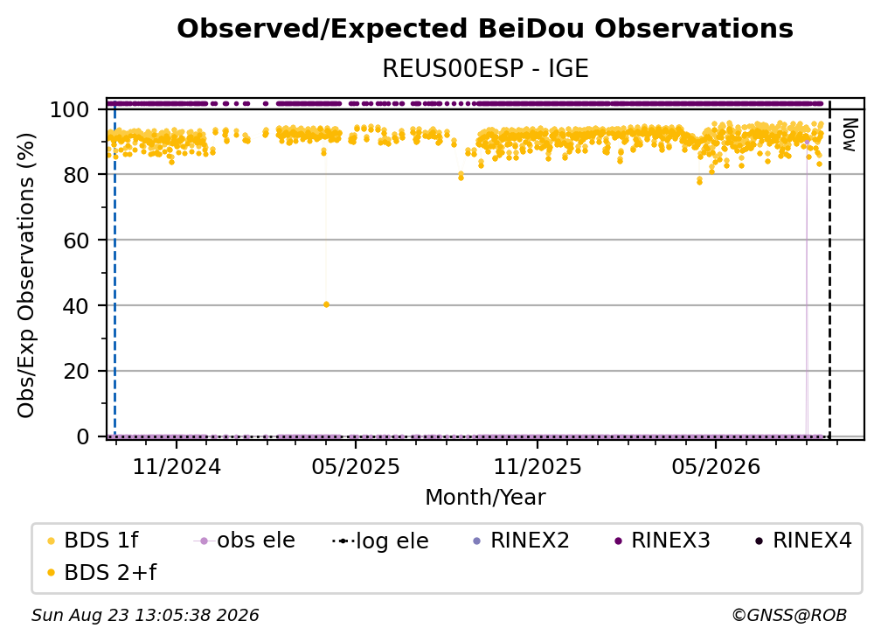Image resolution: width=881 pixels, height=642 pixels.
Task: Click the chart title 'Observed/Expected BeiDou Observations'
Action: pos(485,29)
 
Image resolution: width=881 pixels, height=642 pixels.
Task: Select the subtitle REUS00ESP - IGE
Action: pos(485,68)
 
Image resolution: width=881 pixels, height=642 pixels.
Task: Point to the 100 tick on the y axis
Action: pos(70,109)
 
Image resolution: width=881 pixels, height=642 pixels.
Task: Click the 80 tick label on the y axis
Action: pos(76,175)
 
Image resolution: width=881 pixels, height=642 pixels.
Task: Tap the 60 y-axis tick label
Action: pos(76,241)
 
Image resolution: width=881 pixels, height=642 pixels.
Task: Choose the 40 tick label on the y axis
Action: pos(76,306)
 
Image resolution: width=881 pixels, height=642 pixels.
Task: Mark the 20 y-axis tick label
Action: pos(76,372)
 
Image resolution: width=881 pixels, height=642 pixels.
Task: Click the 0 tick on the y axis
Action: pos(83,436)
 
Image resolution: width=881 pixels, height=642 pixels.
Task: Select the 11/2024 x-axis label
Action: pos(177,466)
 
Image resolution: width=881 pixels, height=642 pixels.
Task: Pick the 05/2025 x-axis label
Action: pos(356,466)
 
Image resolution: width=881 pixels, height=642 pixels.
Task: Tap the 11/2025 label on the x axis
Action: pos(538,466)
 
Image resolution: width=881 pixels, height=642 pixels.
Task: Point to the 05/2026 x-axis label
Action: pos(716,466)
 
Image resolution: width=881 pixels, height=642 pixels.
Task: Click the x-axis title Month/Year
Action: pos(485,498)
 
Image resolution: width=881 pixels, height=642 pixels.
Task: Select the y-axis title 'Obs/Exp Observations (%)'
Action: pos(26,275)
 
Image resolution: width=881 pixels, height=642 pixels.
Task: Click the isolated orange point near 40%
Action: pos(327,304)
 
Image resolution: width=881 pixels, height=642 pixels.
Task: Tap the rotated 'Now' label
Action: pos(849,135)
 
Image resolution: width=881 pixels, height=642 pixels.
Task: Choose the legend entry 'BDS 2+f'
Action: pos(101,572)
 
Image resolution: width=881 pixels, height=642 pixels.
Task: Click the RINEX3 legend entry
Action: pos(662,541)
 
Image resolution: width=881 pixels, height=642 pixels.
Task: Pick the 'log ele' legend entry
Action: pos(380,541)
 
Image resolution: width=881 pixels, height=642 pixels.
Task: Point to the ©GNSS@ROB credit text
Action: pos(789,615)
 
